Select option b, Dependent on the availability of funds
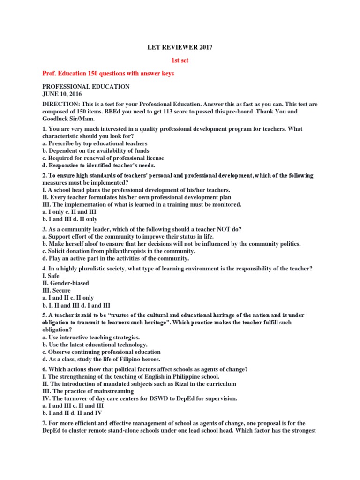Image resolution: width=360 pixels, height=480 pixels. pyautogui.click(x=96, y=150)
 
